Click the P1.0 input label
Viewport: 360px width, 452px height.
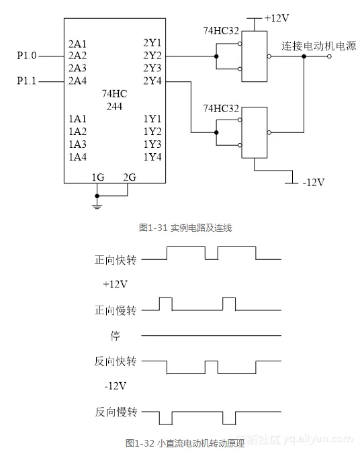coord(27,56)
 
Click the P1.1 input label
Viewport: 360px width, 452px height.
coord(27,81)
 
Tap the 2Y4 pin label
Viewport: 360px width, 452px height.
coord(152,81)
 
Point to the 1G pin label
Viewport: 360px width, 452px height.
coord(98,177)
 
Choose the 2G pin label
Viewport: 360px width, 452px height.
coord(130,177)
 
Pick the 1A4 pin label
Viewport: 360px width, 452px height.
coord(78,157)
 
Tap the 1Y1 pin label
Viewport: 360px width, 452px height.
coord(152,119)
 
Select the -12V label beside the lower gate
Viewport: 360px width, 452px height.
coord(312,182)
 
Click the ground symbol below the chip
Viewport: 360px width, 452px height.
coord(98,204)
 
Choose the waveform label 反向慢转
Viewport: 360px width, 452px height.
coord(116,412)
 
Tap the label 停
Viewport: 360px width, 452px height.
coord(116,335)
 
